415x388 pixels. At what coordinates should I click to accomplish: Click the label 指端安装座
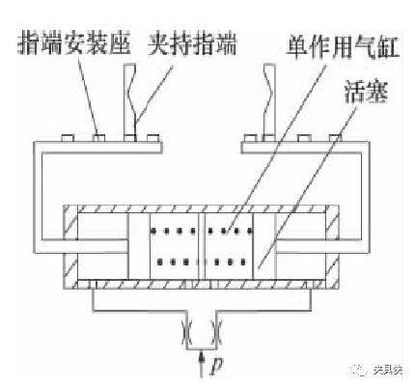pos(74,42)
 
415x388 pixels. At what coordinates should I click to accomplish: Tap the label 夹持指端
pos(192,42)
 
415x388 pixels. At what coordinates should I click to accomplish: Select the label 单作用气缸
pos(343,48)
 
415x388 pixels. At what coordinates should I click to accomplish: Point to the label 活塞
pos(367,92)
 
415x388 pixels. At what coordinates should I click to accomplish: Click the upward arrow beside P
pos(202,364)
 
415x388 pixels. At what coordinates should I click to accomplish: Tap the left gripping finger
pos(131,99)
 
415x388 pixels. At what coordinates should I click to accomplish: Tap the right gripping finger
pos(269,99)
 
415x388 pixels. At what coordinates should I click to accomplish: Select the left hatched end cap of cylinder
pos(70,248)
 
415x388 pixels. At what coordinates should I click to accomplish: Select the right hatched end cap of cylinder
pos(332,248)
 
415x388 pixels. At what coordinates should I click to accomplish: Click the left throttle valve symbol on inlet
pos(186,332)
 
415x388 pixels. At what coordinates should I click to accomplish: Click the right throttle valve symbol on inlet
pos(216,332)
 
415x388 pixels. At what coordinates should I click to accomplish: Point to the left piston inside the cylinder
pos(139,246)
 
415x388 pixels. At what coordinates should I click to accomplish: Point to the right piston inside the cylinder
pos(264,246)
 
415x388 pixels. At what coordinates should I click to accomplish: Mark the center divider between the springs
pos(202,246)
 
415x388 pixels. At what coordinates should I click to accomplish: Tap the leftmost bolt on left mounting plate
pos(68,138)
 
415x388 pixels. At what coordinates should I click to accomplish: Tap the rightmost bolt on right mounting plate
pos(335,138)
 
